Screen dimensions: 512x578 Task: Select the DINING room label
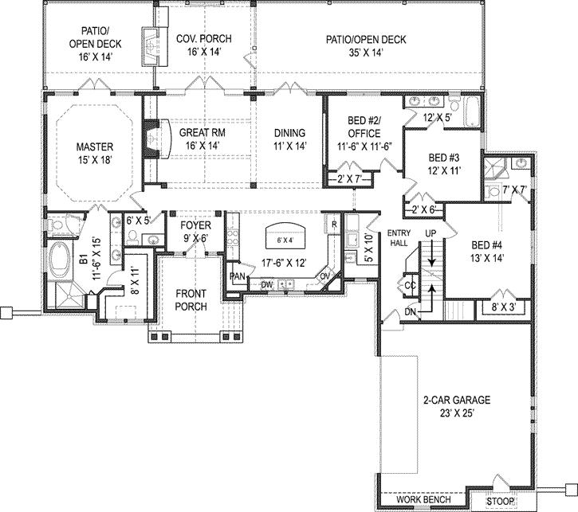pyautogui.click(x=289, y=133)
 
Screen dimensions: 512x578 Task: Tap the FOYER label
pyautogui.click(x=195, y=226)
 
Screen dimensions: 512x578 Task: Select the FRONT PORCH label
pyautogui.click(x=191, y=299)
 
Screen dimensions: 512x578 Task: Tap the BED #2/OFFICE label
pyautogui.click(x=362, y=127)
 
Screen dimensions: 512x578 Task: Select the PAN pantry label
pyautogui.click(x=237, y=276)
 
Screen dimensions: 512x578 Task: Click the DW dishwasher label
pyautogui.click(x=267, y=283)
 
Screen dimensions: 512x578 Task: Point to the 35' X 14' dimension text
pyautogui.click(x=367, y=53)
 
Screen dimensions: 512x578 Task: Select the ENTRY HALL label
pyautogui.click(x=398, y=237)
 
